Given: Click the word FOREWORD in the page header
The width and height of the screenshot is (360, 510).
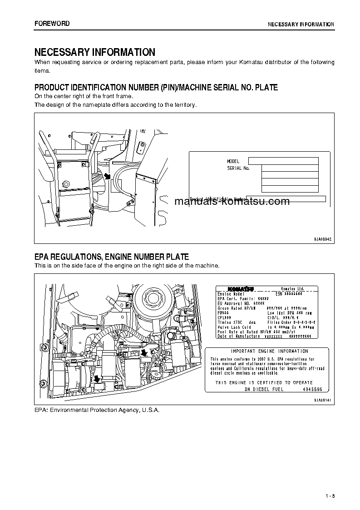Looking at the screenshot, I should click(52, 24).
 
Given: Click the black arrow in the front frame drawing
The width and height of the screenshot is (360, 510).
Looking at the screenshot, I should click(107, 176).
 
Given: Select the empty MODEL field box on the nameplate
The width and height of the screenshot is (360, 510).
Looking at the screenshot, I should click(283, 161).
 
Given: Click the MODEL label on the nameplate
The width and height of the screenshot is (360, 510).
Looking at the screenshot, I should click(233, 161).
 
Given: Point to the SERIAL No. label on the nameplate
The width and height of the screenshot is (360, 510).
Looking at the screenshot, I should click(238, 168).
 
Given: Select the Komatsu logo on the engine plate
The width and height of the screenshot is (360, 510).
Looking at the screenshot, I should click(241, 289).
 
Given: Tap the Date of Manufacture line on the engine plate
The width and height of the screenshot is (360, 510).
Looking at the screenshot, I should click(239, 336).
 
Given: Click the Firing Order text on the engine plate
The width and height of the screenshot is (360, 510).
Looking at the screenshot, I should click(278, 322).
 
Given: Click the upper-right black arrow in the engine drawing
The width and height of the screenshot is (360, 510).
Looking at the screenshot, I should click(144, 352).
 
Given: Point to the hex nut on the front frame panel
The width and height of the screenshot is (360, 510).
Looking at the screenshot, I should click(66, 184).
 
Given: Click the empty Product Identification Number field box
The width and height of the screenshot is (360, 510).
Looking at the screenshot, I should click(286, 199).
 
